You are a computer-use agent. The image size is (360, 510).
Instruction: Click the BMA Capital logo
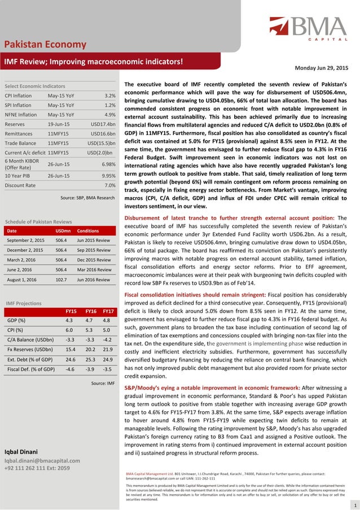[308, 31]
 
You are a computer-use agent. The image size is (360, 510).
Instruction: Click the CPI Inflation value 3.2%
[110, 96]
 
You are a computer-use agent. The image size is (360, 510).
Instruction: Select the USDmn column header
[63, 230]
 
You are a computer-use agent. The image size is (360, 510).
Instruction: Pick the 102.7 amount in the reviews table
[63, 279]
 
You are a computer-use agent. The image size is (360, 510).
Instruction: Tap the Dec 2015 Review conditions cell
[94, 255]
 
